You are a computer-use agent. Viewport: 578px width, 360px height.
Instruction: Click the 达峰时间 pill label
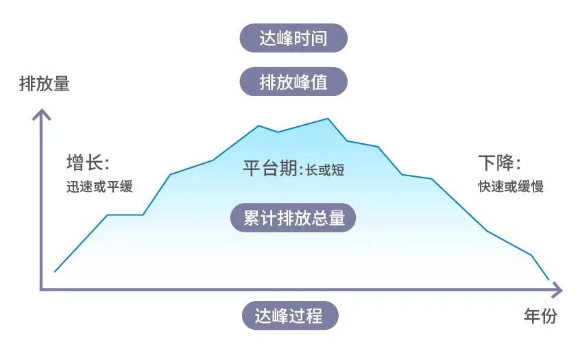[x=293, y=38]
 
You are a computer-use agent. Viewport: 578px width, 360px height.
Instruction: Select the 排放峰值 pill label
[x=293, y=82]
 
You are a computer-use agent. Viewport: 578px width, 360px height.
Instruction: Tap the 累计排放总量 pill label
[x=293, y=218]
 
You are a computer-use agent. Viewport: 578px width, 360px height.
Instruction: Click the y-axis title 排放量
[x=45, y=84]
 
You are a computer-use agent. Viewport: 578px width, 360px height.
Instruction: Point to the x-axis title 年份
[x=540, y=316]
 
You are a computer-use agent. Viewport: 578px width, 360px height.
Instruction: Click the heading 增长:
[x=88, y=163]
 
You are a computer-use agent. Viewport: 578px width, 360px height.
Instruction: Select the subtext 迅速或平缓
[x=99, y=187]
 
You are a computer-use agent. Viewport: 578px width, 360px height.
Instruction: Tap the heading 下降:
[x=499, y=163]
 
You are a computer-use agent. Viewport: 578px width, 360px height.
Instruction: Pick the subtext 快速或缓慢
[x=511, y=187]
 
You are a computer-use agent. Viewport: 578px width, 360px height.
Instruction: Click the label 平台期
[x=270, y=168]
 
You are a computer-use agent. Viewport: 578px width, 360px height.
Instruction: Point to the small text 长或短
[x=325, y=170]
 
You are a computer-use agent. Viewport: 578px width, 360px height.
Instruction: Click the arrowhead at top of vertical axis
[x=42, y=112]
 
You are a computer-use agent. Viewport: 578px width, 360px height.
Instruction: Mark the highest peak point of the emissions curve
[x=328, y=119]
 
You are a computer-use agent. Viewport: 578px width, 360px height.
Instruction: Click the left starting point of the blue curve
[x=55, y=272]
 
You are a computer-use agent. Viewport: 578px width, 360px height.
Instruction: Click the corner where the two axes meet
[x=42, y=289]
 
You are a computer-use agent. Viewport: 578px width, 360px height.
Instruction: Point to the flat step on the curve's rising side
[x=125, y=215]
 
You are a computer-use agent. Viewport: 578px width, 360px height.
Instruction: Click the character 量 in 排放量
[x=61, y=84]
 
